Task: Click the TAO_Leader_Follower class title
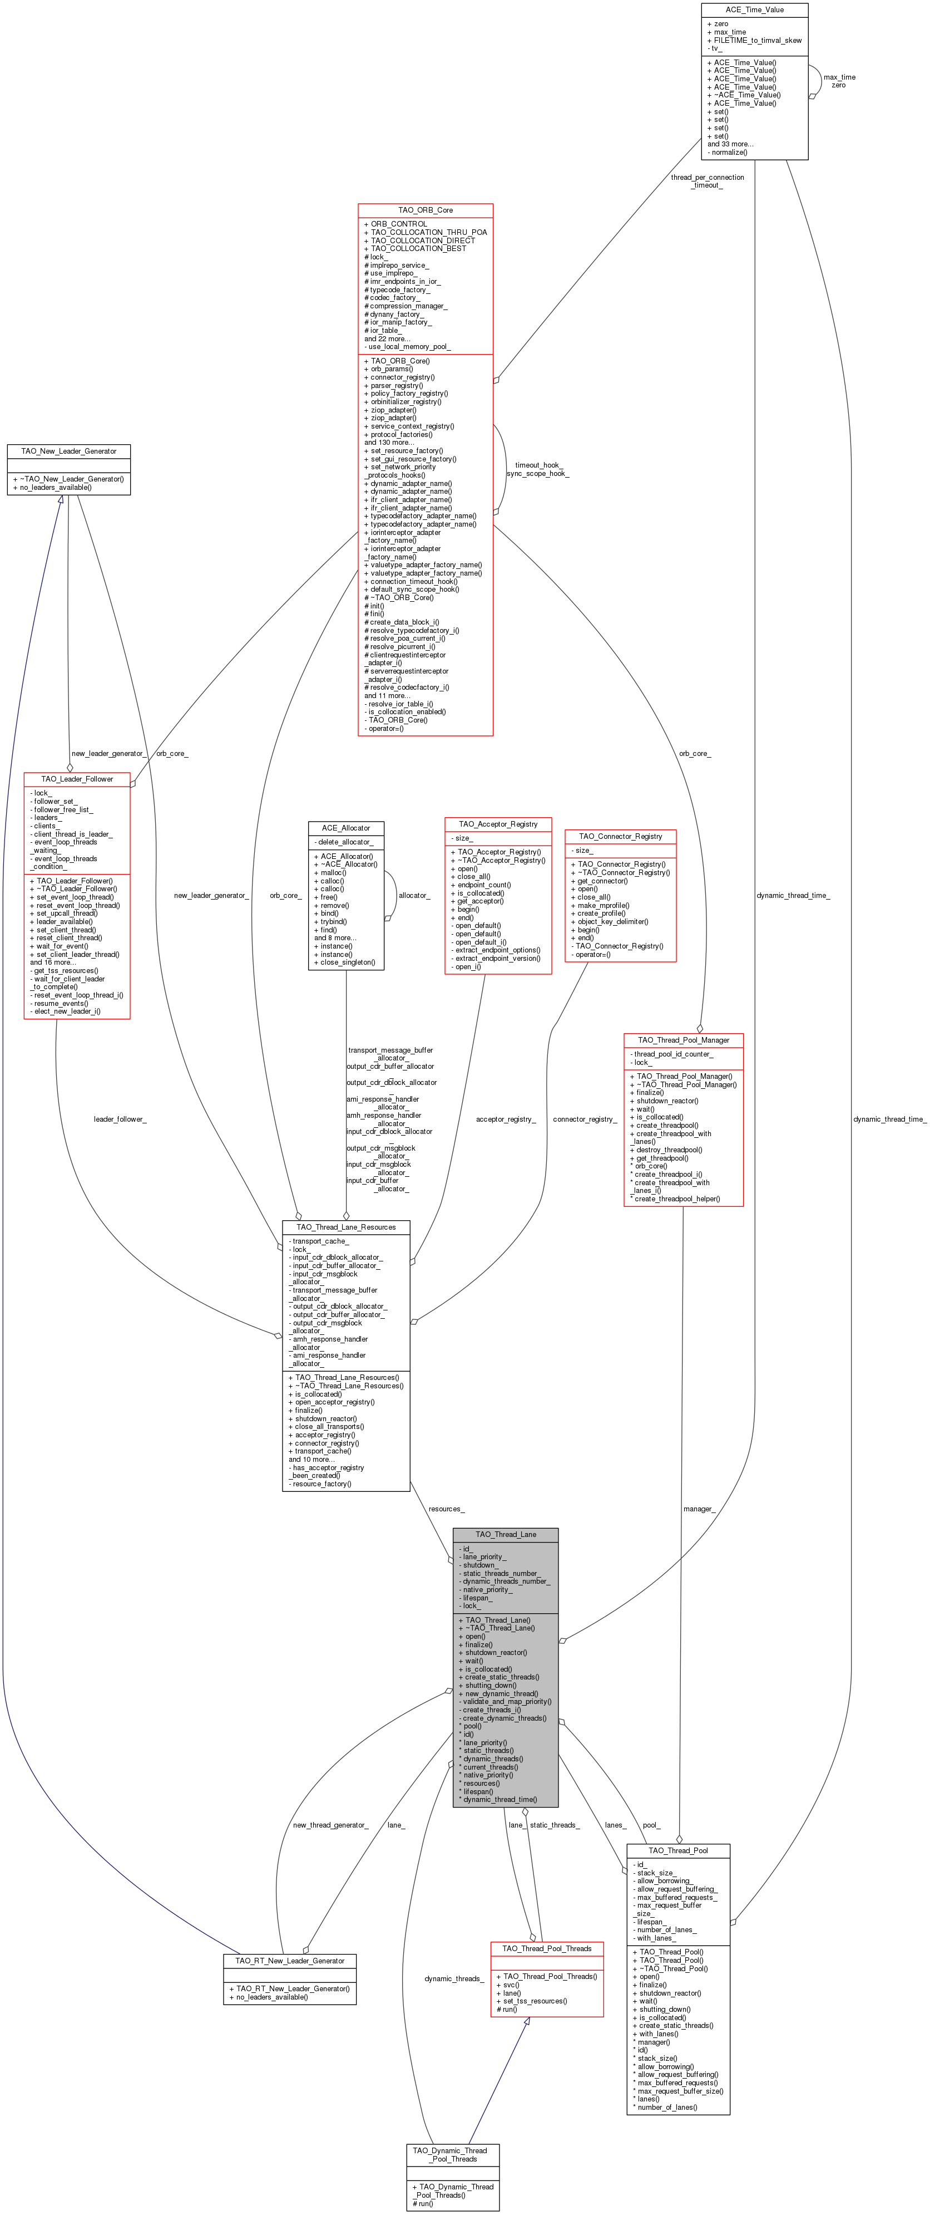coord(77,779)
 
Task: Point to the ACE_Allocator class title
coord(345,828)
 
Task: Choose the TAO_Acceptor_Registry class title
coord(498,824)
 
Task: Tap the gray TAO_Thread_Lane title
coord(506,1534)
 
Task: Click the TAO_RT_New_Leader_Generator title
coord(290,1961)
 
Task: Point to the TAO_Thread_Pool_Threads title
coord(547,1948)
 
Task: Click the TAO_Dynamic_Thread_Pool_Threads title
coord(452,2155)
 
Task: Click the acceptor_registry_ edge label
coord(506,1119)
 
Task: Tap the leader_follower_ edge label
coord(120,1119)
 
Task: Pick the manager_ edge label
coord(699,1509)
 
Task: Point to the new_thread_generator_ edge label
coord(330,1825)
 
